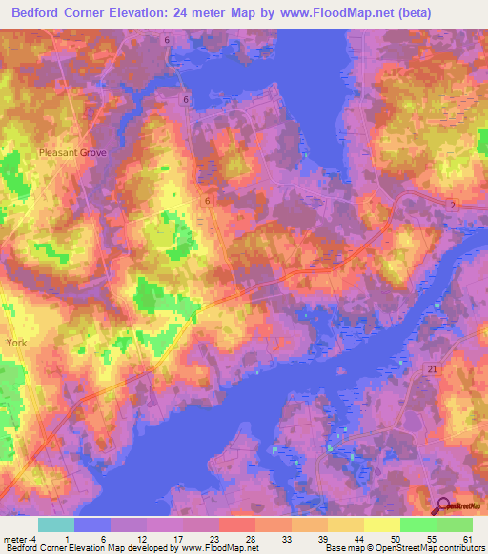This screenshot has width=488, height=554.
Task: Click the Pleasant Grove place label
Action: pyautogui.click(x=72, y=152)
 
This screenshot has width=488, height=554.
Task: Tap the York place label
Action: pyautogui.click(x=16, y=341)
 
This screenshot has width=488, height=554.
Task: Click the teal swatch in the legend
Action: pyautogui.click(x=55, y=524)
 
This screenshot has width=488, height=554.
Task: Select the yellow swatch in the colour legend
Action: pyautogui.click(x=381, y=524)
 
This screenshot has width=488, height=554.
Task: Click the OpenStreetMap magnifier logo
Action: pyautogui.click(x=444, y=506)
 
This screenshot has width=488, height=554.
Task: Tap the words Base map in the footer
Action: pyautogui.click(x=342, y=548)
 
